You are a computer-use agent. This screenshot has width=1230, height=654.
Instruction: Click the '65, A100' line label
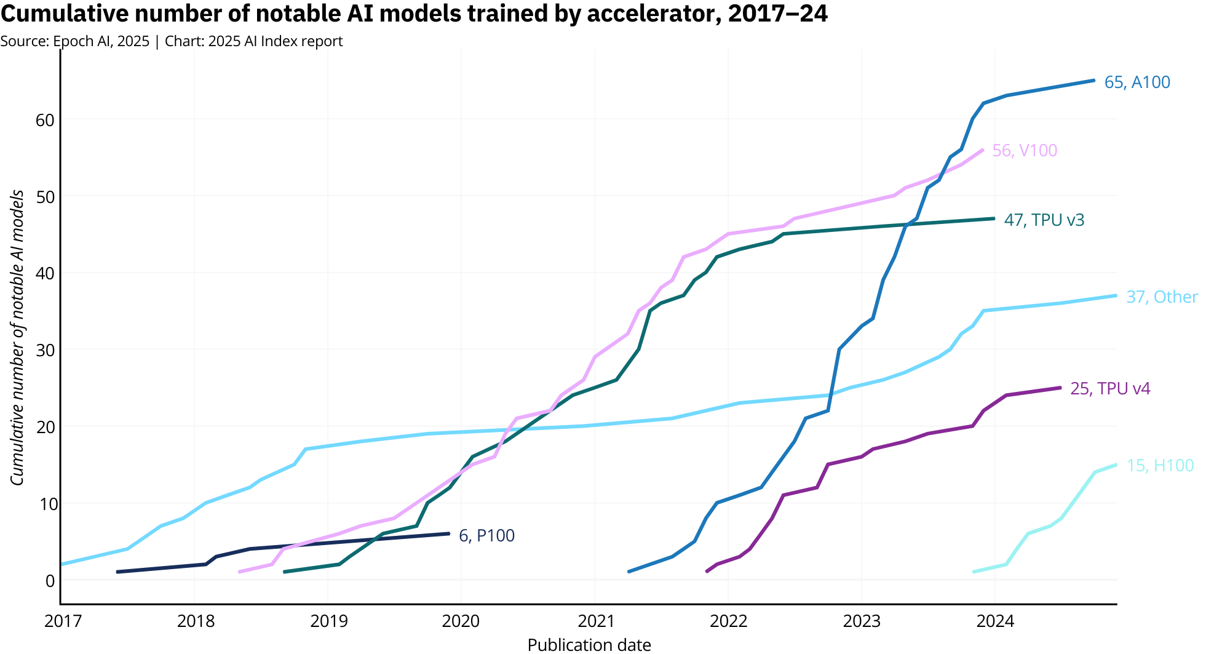[1137, 82]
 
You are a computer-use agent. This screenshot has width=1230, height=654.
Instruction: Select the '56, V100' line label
[1025, 151]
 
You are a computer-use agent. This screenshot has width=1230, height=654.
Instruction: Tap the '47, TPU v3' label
[1044, 220]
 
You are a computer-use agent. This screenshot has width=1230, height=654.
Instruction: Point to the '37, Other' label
[1162, 297]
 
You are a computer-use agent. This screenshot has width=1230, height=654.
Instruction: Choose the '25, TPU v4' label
[1110, 389]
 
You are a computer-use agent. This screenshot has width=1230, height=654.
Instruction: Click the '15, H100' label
[1160, 466]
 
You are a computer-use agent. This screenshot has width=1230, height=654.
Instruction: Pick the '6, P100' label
[486, 536]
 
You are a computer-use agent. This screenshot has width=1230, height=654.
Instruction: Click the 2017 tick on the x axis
[63, 621]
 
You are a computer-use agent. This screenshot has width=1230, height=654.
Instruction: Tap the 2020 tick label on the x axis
[461, 621]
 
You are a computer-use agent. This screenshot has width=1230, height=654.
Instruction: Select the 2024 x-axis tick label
[995, 621]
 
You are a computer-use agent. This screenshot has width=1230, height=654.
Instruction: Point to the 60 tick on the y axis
[45, 119]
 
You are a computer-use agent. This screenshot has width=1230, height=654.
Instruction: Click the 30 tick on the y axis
[45, 350]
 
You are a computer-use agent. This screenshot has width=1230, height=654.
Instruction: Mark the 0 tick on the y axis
[50, 580]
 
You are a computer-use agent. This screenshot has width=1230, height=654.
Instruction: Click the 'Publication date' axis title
[589, 645]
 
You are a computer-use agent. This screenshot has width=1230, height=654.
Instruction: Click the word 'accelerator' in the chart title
[653, 14]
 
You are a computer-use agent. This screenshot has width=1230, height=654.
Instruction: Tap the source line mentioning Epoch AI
[172, 41]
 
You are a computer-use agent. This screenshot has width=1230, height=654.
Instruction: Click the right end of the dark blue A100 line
[1094, 81]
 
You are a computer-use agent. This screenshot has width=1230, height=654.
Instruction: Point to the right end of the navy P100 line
[449, 533]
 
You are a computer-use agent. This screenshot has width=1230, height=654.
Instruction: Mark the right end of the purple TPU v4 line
[1060, 388]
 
